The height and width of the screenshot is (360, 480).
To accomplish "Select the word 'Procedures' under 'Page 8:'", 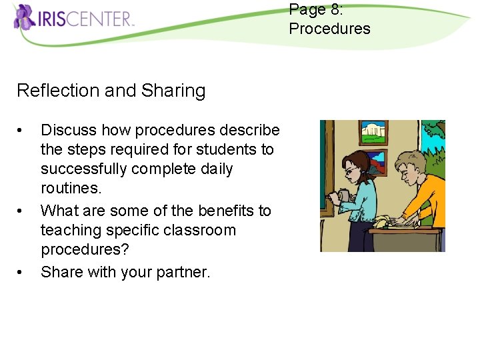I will coord(329,29).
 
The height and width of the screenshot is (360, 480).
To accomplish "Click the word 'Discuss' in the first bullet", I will coord(68,130).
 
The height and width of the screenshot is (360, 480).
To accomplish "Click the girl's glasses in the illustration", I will coord(349,171).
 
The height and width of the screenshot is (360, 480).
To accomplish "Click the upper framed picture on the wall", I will coord(373,133).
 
